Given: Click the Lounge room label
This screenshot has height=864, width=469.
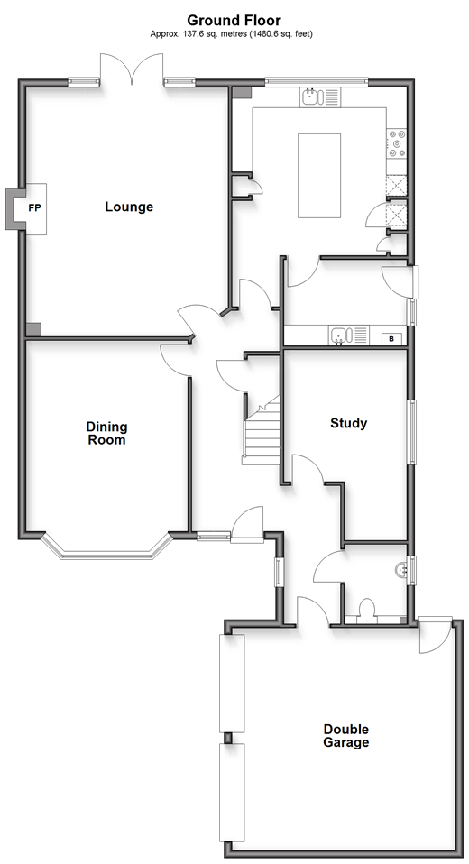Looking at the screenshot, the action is click(129, 207).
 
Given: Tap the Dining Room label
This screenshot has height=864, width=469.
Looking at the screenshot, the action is click(106, 433).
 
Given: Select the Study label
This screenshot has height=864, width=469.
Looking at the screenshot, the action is click(348, 423).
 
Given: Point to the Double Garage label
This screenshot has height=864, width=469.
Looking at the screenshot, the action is click(345, 736).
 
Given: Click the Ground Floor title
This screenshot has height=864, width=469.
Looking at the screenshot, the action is click(234, 21).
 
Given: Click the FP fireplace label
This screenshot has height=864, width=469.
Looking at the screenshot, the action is click(34, 208).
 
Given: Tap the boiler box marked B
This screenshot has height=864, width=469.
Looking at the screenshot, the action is click(391, 338).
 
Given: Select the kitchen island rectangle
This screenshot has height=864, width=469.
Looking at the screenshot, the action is click(319, 175).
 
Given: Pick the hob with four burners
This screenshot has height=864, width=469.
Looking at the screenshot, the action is click(396, 142).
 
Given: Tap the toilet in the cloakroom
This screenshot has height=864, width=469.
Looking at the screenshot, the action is click(366, 611).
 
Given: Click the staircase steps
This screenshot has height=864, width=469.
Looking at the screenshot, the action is click(261, 433).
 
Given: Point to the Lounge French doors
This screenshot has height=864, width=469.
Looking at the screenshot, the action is click(132, 69).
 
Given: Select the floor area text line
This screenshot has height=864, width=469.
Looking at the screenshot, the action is click(232, 34).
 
